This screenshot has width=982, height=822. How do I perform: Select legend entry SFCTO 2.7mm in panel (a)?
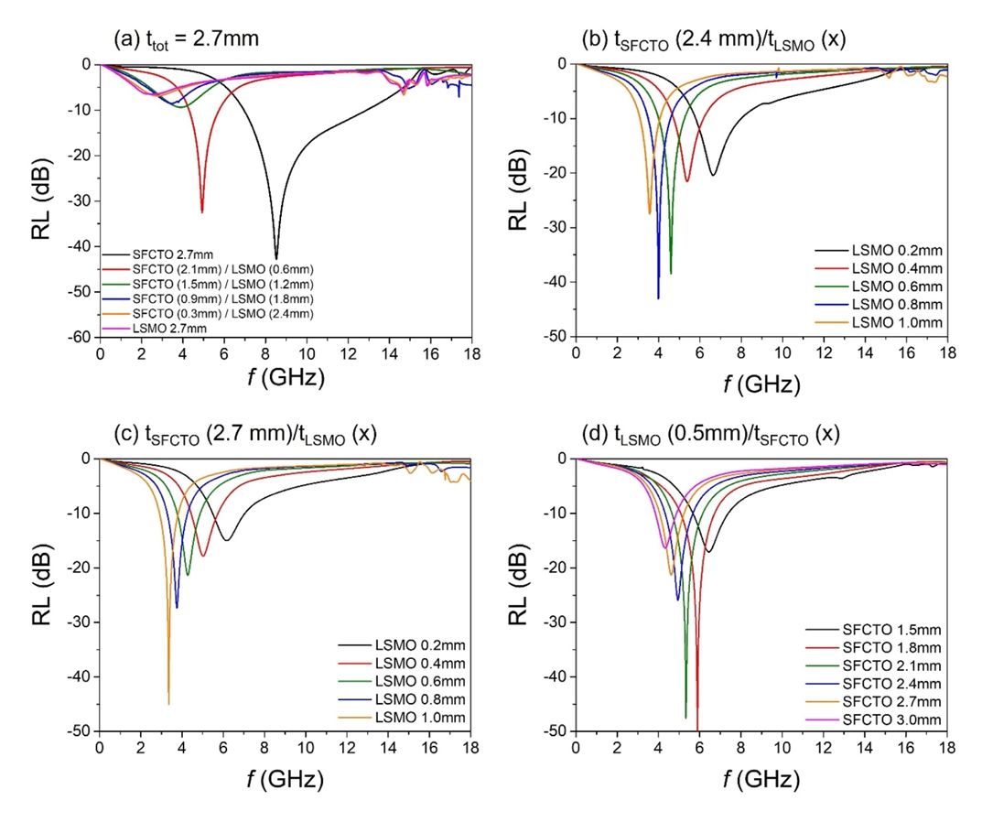point(169,254)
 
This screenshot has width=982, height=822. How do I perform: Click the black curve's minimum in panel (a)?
point(276,259)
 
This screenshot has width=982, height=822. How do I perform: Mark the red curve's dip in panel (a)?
point(202,212)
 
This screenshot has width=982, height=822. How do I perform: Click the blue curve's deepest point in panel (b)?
point(658,298)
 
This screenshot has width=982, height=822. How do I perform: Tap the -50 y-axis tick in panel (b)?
point(554,337)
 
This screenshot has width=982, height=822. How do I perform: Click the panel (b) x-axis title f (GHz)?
point(761,385)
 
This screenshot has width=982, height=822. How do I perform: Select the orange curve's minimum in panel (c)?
point(168,704)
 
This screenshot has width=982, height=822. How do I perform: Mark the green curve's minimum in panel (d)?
point(685,719)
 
